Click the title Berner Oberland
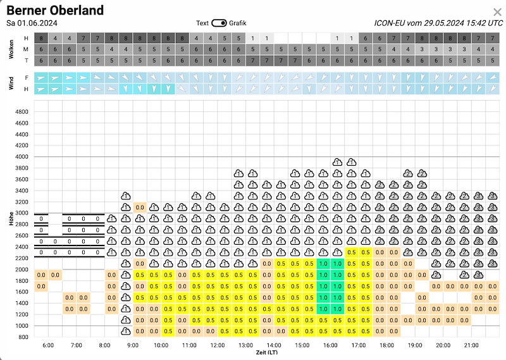click(x=55, y=11)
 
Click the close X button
click(x=497, y=12)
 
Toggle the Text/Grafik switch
click(x=219, y=23)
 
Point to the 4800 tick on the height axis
click(x=22, y=111)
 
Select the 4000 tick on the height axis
click(x=22, y=157)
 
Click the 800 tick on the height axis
click(x=23, y=337)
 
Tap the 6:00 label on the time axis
click(x=48, y=346)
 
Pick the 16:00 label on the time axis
click(x=330, y=346)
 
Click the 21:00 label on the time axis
click(x=471, y=346)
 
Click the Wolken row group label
click(x=11, y=49)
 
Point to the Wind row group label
click(x=11, y=83)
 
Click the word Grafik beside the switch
click(x=238, y=23)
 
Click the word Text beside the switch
click(x=202, y=23)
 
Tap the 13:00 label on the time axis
click(x=245, y=346)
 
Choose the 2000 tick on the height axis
click(x=22, y=269)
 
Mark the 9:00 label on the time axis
click(x=133, y=346)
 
